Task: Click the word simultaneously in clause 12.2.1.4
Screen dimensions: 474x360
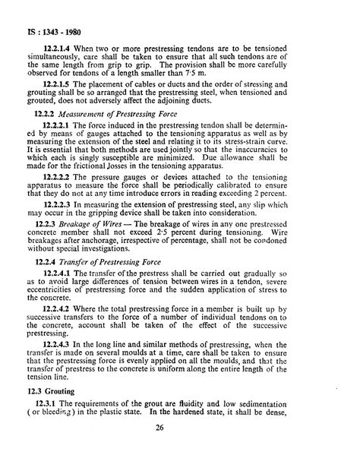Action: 60,58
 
